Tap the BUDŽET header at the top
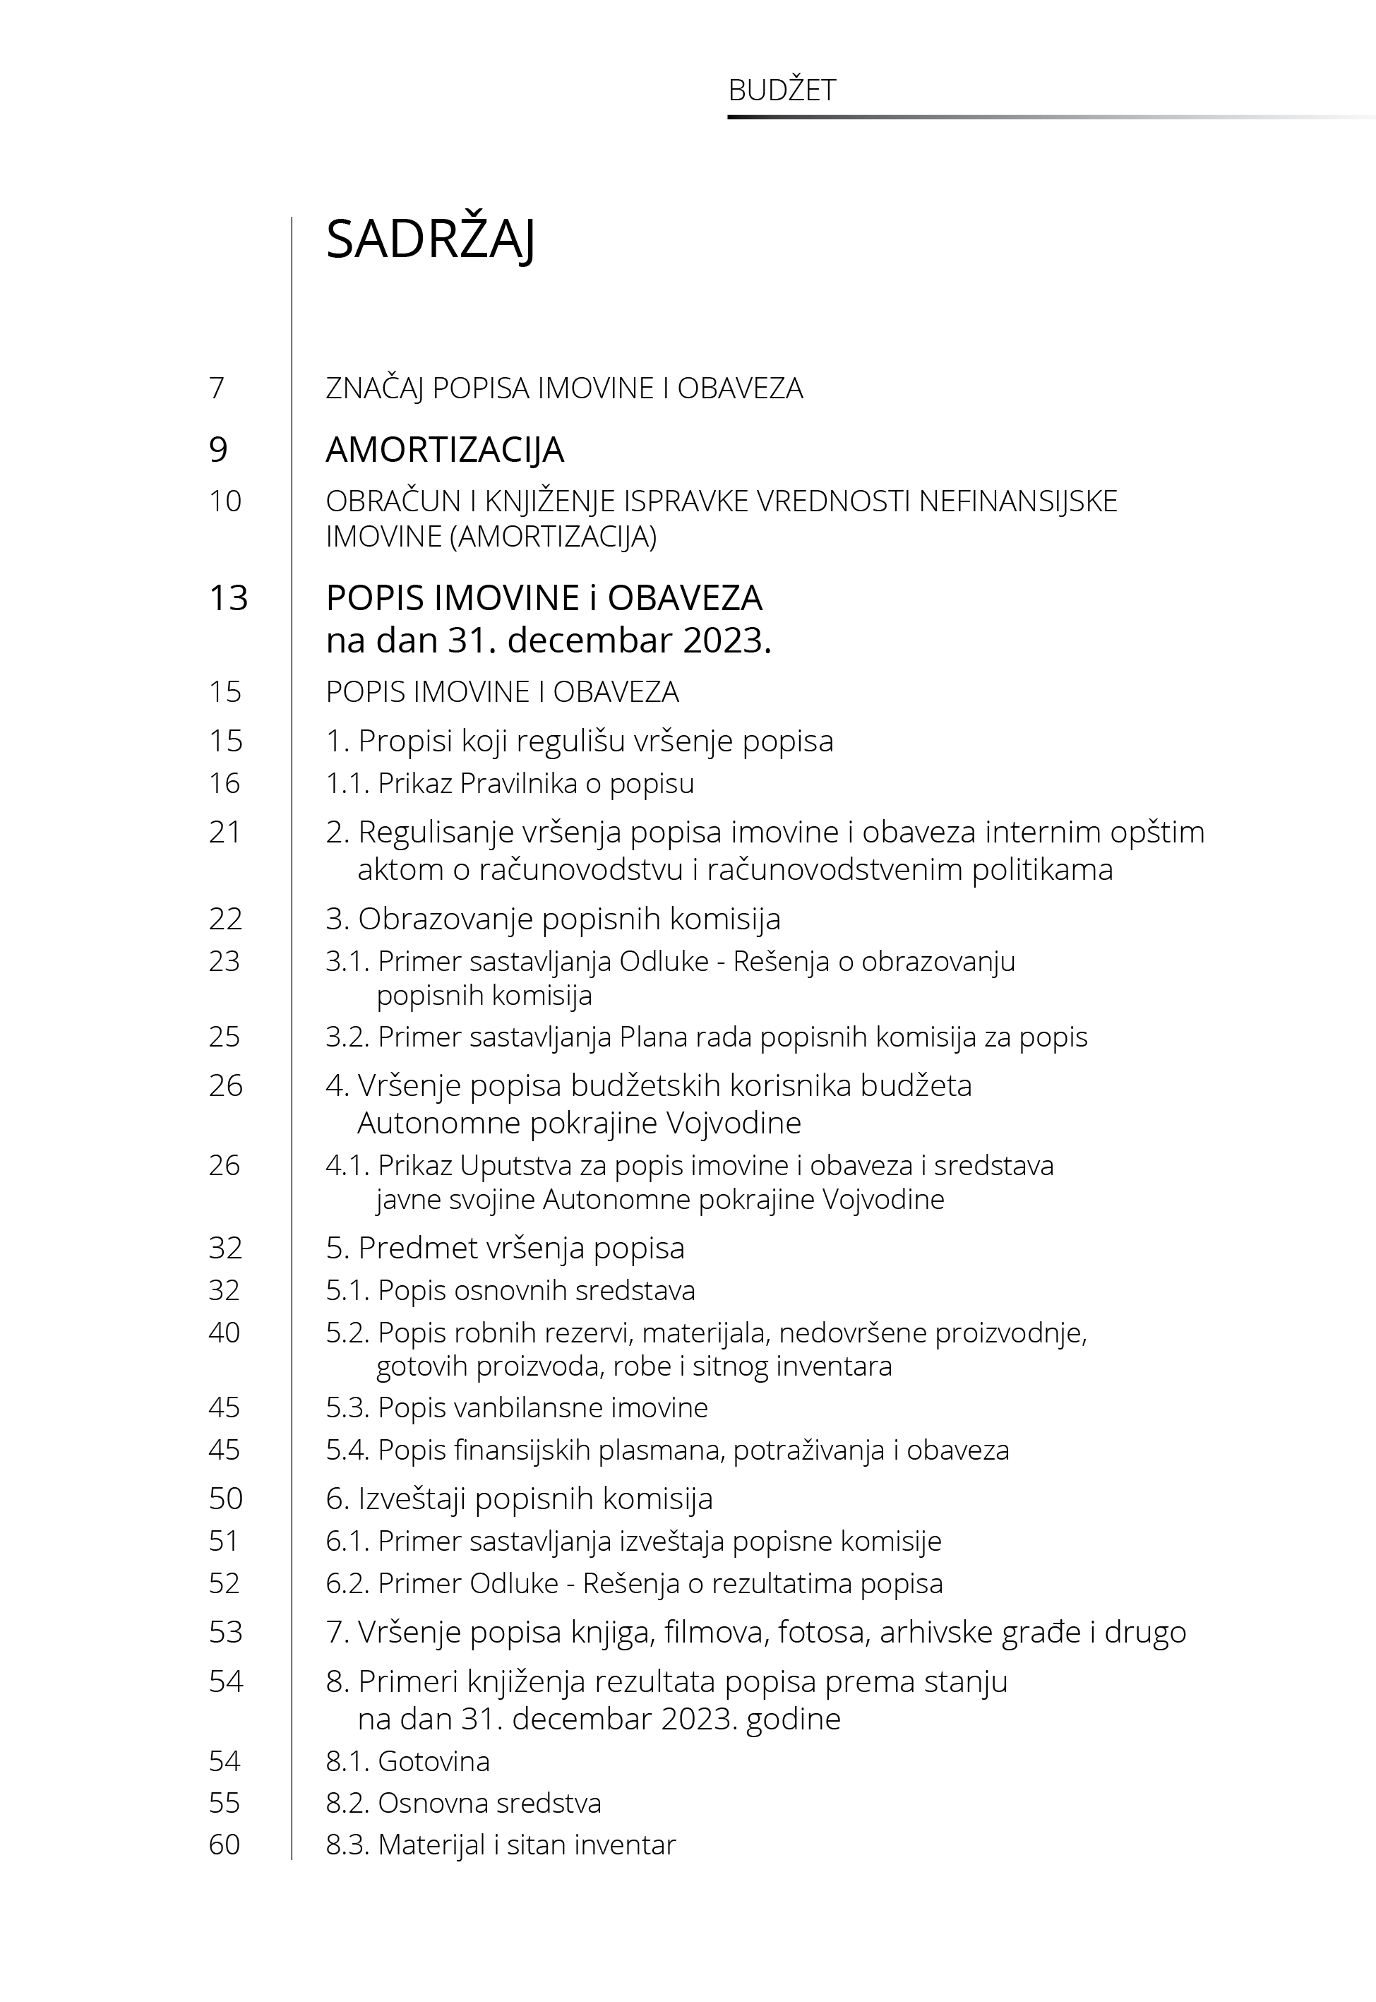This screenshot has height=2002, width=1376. [x=782, y=90]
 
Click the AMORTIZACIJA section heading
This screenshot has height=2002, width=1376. [x=445, y=449]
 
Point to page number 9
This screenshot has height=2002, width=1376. [x=218, y=449]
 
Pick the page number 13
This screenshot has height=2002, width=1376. [x=229, y=597]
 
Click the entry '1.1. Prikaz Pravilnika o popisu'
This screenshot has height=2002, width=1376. [x=510, y=783]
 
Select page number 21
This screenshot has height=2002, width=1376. [x=225, y=832]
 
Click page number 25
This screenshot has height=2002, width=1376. [x=225, y=1037]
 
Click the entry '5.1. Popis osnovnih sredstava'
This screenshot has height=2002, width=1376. [x=510, y=1290]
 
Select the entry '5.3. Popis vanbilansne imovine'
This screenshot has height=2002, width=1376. [x=516, y=1407]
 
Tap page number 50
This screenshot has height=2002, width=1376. [x=226, y=1498]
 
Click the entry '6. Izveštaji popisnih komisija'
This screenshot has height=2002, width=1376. [x=519, y=1498]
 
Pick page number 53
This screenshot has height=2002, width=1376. [x=226, y=1632]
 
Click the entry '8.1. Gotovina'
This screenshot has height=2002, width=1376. [x=408, y=1760]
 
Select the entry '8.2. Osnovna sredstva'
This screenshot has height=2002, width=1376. [x=463, y=1803]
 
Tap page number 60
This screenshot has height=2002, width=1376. [x=225, y=1845]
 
